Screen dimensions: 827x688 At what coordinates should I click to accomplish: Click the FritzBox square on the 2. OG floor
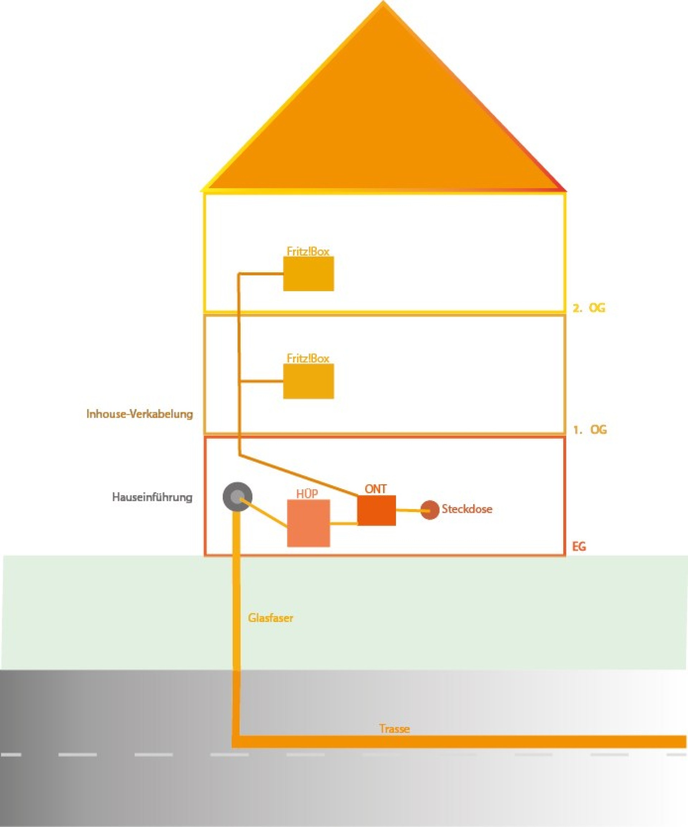click(x=308, y=274)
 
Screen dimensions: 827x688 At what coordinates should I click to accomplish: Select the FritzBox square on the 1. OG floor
click(x=308, y=381)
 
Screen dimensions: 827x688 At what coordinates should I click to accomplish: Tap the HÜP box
click(x=308, y=523)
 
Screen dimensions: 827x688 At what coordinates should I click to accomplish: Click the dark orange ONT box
click(x=376, y=510)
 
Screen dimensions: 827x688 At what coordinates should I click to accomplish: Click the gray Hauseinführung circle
click(x=237, y=496)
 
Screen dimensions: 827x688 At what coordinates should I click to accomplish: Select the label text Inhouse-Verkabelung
click(x=140, y=414)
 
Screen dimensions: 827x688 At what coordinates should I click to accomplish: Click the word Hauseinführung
click(x=152, y=497)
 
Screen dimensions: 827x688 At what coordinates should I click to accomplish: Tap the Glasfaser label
click(x=271, y=618)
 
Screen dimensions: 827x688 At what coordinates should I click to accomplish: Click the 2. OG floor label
click(x=588, y=308)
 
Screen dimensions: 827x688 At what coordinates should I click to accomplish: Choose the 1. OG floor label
click(x=589, y=430)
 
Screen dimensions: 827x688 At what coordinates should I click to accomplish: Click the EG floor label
click(x=579, y=546)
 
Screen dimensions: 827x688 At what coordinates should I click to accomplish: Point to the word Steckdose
click(x=467, y=509)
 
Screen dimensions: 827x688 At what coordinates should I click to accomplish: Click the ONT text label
click(x=376, y=489)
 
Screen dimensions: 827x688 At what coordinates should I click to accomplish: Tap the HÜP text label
click(x=307, y=494)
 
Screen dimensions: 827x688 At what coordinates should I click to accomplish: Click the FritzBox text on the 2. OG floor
click(x=308, y=251)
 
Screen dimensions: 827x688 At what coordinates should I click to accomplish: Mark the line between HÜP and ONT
click(x=343, y=524)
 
